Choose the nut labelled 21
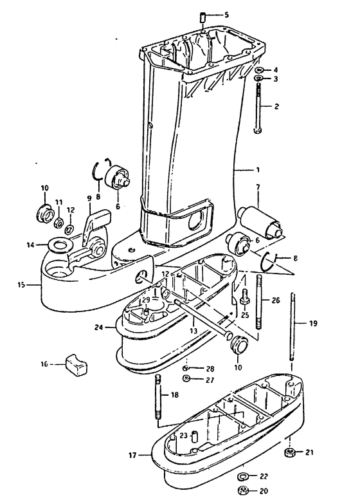click(290, 454)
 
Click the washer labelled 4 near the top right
click(258, 69)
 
